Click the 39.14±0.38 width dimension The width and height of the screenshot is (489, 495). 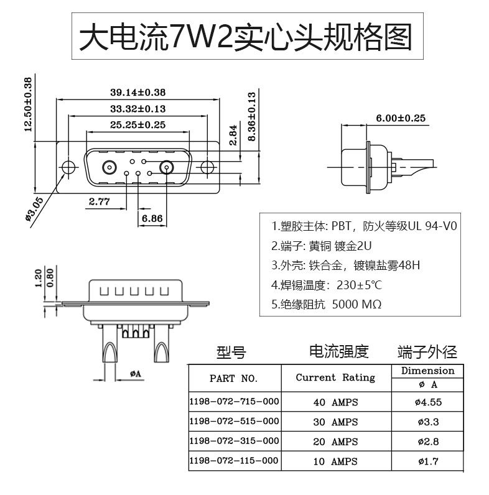pyautogui.click(x=137, y=92)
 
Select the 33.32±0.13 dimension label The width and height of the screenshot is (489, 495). pyautogui.click(x=137, y=108)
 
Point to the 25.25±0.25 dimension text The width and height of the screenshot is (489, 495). pyautogui.click(x=137, y=124)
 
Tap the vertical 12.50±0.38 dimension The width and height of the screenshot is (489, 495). pyautogui.click(x=27, y=104)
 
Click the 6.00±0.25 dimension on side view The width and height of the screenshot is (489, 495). pyautogui.click(x=400, y=118)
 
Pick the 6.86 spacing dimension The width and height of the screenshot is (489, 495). pyautogui.click(x=152, y=218)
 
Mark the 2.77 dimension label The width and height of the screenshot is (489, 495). pyautogui.click(x=99, y=201)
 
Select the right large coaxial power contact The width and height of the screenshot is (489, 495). pyautogui.click(x=167, y=167)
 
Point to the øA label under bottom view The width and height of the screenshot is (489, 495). pyautogui.click(x=136, y=373)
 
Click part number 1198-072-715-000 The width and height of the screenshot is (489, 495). pyautogui.click(x=234, y=402)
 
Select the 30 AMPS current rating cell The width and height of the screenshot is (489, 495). pyautogui.click(x=335, y=422)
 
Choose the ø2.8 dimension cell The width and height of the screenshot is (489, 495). pyautogui.click(x=427, y=442)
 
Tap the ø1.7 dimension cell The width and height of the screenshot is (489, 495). pyautogui.click(x=427, y=461)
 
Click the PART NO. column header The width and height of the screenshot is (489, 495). pyautogui.click(x=233, y=378)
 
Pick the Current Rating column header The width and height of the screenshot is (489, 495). pyautogui.click(x=335, y=377)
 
